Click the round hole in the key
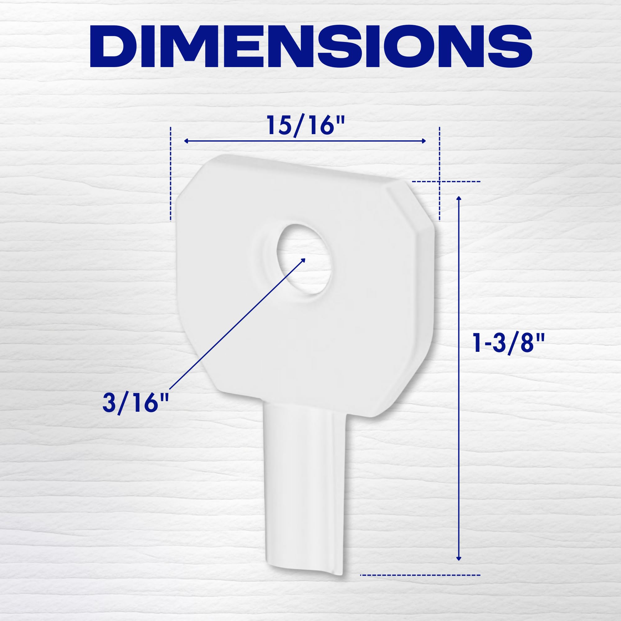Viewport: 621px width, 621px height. [304, 259]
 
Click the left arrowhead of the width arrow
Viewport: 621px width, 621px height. [186, 141]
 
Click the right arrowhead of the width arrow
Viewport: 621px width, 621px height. [424, 141]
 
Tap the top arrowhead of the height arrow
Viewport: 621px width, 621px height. [459, 198]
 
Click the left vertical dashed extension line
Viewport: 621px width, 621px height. [171, 174]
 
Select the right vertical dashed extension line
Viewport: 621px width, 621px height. [439, 174]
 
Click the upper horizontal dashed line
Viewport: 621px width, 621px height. [446, 182]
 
